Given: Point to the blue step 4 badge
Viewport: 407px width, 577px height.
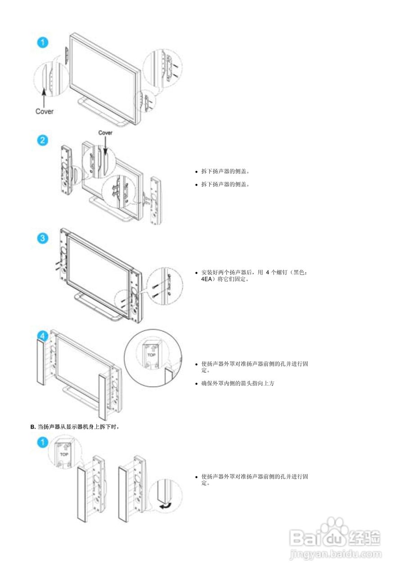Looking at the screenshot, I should tap(42, 336).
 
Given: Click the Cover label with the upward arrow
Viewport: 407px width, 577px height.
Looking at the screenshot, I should tap(44, 111).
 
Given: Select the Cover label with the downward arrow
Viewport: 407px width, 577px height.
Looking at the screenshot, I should tap(105, 133).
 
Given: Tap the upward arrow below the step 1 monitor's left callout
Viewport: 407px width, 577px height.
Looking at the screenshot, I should tap(43, 97).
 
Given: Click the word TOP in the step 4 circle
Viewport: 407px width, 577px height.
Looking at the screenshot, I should tap(151, 355).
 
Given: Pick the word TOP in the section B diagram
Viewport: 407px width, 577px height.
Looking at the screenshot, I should tap(63, 454).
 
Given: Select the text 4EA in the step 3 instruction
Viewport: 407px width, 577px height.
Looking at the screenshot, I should tap(208, 279).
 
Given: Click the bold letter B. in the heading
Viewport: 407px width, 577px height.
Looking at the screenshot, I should tap(32, 426).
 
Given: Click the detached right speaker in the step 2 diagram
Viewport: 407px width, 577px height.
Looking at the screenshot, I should tap(156, 201).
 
